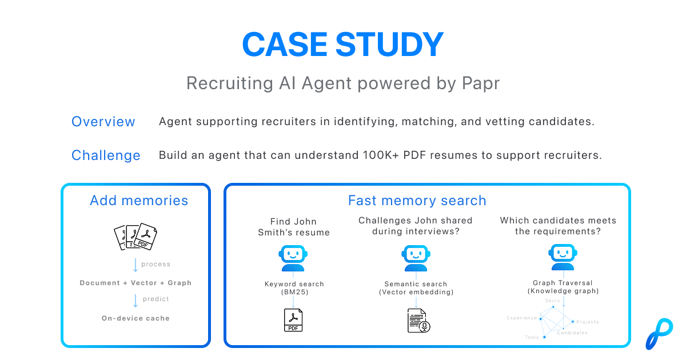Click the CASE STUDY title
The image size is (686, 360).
pos(342,44)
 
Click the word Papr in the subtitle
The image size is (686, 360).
pos(480,83)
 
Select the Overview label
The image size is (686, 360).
pos(103,122)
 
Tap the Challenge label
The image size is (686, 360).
pos(106,155)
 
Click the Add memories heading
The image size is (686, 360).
pos(139,201)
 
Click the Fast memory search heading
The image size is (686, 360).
pos(417,201)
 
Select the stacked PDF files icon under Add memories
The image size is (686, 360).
pos(135,236)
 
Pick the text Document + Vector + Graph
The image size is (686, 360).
pos(135,283)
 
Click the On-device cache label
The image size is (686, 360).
pos(135,318)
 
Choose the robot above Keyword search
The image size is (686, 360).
pos(294,258)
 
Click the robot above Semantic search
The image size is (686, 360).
pos(416,258)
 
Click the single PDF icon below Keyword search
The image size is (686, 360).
pos(294,320)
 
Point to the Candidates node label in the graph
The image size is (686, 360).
pos(572,333)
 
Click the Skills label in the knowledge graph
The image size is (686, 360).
pos(553,301)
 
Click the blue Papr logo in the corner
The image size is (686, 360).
pos(657,333)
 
